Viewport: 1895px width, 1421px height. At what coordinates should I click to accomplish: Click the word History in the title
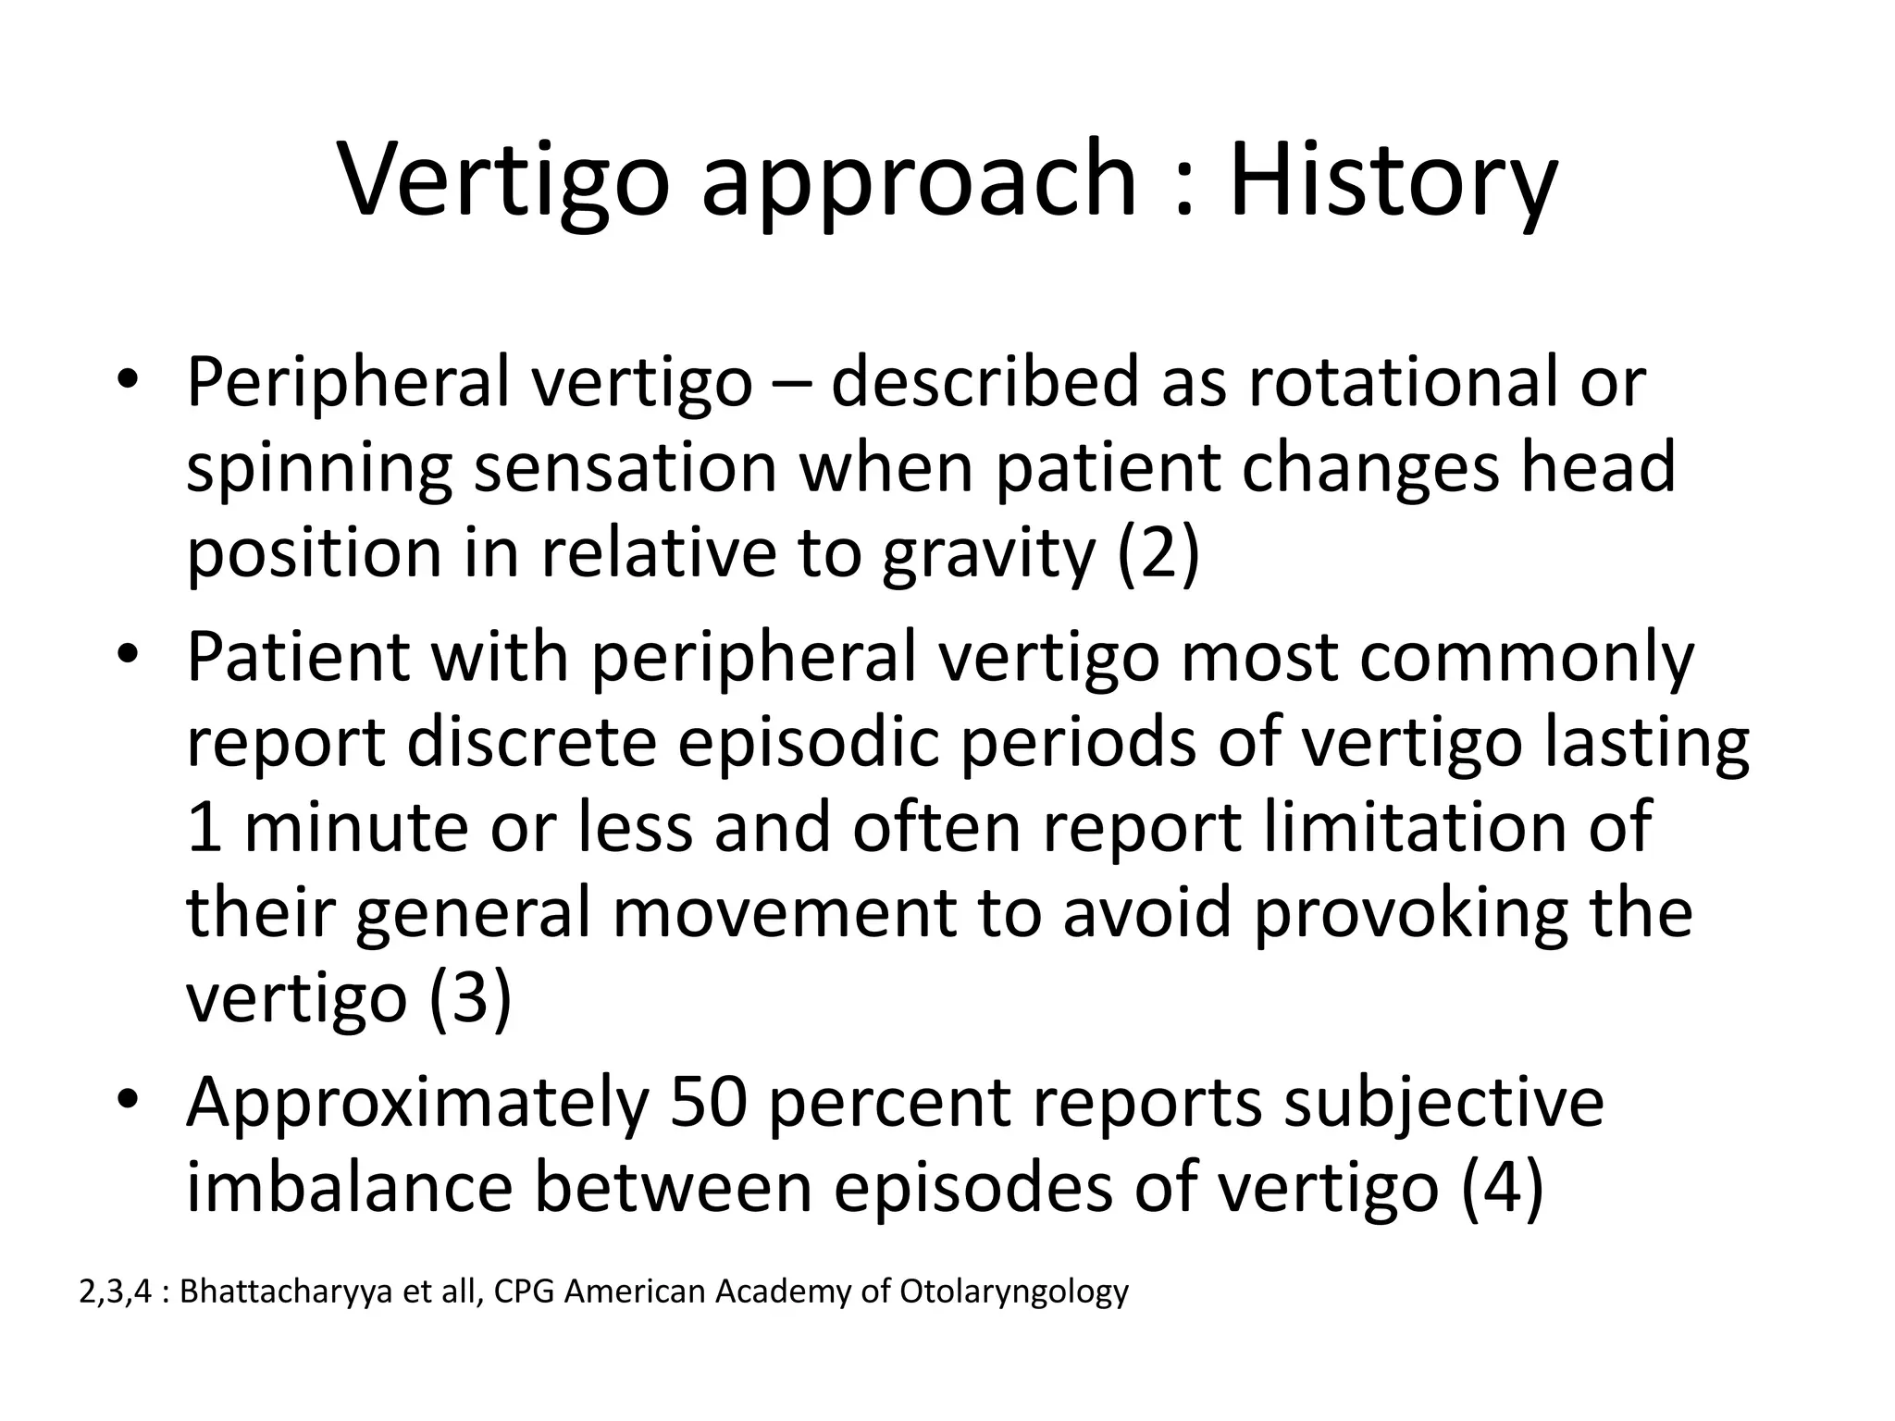point(1393,180)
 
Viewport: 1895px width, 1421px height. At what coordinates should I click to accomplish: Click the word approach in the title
point(918,180)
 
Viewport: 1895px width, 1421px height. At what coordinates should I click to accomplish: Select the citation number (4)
point(1503,1188)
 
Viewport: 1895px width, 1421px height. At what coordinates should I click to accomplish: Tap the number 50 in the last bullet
point(708,1103)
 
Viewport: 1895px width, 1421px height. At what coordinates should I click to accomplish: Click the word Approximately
point(416,1105)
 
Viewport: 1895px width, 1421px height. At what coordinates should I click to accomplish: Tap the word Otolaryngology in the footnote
point(1014,1292)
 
